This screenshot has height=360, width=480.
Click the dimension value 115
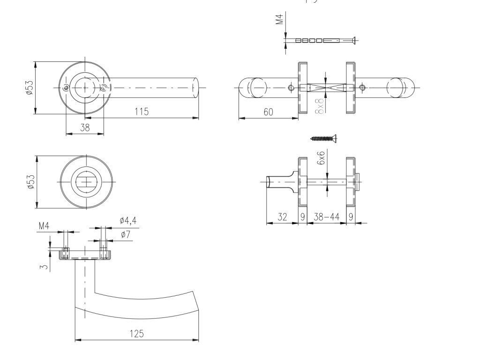[x=141, y=112]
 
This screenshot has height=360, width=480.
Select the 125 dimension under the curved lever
[x=137, y=334]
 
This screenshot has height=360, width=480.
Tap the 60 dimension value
[x=268, y=112]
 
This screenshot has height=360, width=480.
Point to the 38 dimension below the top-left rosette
[x=85, y=127]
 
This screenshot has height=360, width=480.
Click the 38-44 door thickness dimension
[x=326, y=217]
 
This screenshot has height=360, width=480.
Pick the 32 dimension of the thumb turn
[x=282, y=217]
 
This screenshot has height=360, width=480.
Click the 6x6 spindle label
[x=321, y=158]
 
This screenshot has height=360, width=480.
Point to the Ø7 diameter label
[x=125, y=234]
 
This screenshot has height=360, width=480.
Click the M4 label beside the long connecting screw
[x=279, y=20]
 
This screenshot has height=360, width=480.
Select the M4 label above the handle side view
[x=44, y=226]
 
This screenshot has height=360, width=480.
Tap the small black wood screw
[x=324, y=138]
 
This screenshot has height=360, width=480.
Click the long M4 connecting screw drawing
[x=323, y=40]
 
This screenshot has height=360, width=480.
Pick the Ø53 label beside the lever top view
[x=30, y=88]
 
